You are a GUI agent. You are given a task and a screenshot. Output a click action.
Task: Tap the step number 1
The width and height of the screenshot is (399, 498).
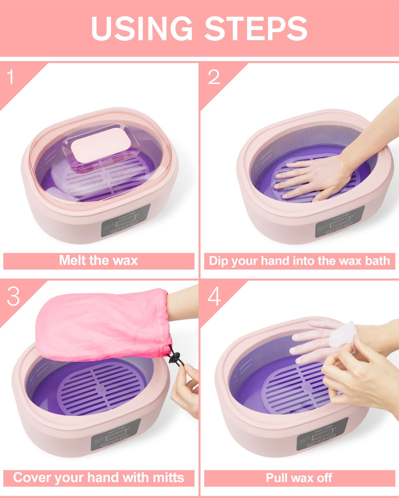[x=11, y=77]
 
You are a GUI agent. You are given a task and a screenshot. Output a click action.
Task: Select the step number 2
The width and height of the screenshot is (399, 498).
[x=214, y=77]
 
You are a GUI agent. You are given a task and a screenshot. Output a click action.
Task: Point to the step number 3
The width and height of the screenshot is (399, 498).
[x=13, y=296]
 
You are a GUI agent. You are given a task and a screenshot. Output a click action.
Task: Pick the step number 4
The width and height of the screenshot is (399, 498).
[x=214, y=296]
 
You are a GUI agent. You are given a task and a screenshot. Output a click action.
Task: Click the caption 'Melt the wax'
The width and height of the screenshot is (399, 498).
[x=98, y=261]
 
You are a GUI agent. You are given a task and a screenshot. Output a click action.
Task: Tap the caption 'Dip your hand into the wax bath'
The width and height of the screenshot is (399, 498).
[x=299, y=261]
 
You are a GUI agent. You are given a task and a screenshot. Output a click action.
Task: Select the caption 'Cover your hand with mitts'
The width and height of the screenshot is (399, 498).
[x=98, y=478]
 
